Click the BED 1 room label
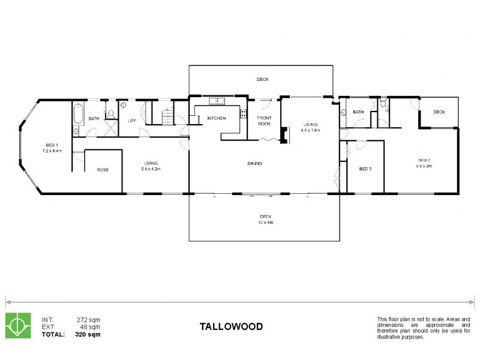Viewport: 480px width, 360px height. (x=52, y=145)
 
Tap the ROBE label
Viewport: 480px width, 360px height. (x=103, y=170)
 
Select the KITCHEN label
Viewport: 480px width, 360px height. (x=217, y=118)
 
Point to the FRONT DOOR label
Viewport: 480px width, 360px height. (x=265, y=121)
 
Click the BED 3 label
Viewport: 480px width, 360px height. (x=365, y=169)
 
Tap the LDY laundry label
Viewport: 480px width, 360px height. (x=131, y=120)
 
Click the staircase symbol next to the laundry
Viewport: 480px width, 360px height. (x=169, y=118)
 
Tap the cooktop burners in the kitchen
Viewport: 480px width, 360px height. (x=243, y=112)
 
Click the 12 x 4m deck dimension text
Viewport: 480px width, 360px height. (x=266, y=223)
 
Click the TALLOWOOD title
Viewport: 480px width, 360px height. (x=231, y=326)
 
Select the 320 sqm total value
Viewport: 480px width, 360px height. (x=88, y=334)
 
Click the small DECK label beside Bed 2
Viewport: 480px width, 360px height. (x=439, y=112)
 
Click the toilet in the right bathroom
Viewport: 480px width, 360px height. (x=385, y=109)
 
